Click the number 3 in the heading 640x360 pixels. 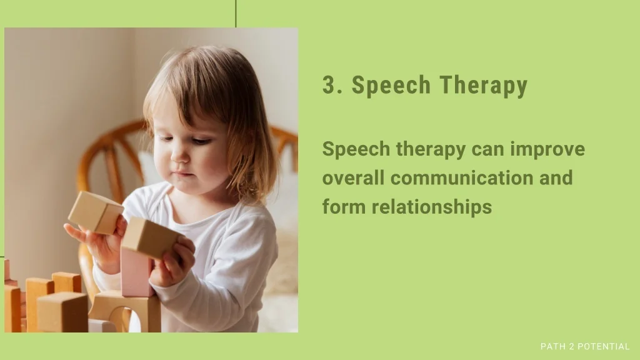(x=328, y=84)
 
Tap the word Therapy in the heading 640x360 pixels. (x=483, y=86)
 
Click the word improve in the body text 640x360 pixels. (x=547, y=150)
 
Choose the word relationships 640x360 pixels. (x=431, y=207)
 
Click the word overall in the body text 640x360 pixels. (x=353, y=178)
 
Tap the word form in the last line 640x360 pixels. (x=343, y=206)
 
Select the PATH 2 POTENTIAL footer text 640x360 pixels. (x=585, y=346)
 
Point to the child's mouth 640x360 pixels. (x=182, y=174)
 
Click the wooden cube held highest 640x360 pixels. (x=96, y=212)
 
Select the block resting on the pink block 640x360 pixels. (x=150, y=237)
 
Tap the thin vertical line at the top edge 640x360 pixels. (x=236, y=14)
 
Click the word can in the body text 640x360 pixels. (x=487, y=150)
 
